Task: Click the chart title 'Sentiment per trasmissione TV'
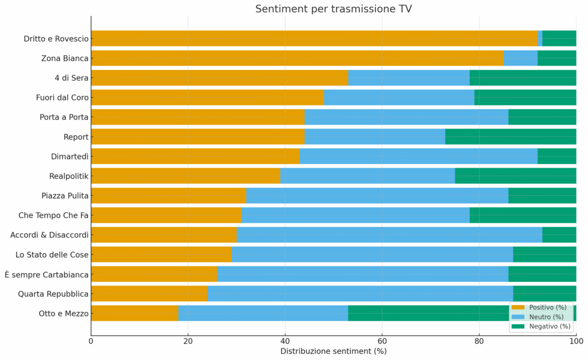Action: pyautogui.click(x=333, y=9)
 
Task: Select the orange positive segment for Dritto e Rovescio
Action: pyautogui.click(x=314, y=38)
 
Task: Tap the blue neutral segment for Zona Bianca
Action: pyautogui.click(x=520, y=58)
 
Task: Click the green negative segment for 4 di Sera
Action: pyautogui.click(x=523, y=78)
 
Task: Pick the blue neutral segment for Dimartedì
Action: pyautogui.click(x=418, y=156)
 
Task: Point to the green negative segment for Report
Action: pyautogui.click(x=510, y=137)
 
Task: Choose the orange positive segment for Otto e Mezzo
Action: pyautogui.click(x=134, y=313)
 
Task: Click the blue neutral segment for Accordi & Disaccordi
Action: pyautogui.click(x=389, y=235)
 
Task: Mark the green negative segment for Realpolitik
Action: pyautogui.click(x=515, y=176)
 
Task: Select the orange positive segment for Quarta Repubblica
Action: pyautogui.click(x=149, y=293)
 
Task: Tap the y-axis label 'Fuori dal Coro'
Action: pyautogui.click(x=62, y=98)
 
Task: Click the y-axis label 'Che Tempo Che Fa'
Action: pyautogui.click(x=53, y=215)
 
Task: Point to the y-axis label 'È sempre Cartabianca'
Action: pyautogui.click(x=47, y=274)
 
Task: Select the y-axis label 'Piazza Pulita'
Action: pyautogui.click(x=65, y=196)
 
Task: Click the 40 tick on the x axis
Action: pyautogui.click(x=285, y=340)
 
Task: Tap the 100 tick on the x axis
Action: pyautogui.click(x=575, y=340)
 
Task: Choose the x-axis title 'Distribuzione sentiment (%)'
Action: pyautogui.click(x=333, y=351)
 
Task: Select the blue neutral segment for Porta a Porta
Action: pyautogui.click(x=406, y=117)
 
